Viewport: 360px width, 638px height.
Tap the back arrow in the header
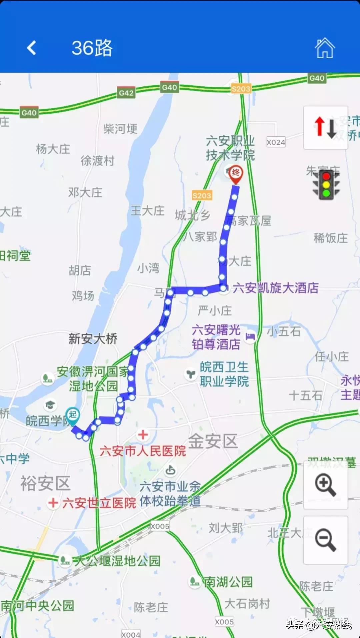(32, 48)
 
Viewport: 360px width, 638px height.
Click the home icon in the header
(325, 48)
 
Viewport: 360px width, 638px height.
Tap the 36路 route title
(92, 48)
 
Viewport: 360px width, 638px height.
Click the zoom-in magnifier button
(325, 486)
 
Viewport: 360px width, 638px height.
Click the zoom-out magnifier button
(325, 540)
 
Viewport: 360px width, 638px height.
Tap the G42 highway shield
(126, 93)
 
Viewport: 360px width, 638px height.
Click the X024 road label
(276, 142)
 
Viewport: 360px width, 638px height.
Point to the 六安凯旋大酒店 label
(275, 288)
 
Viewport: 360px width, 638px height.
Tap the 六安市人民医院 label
(143, 451)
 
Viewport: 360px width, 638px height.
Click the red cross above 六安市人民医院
(143, 435)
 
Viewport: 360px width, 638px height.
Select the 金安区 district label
(213, 441)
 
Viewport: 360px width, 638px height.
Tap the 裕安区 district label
(45, 483)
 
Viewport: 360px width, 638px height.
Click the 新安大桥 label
(93, 339)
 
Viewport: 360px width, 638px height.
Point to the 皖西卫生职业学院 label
(224, 374)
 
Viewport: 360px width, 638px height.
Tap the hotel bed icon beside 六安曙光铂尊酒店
(250, 336)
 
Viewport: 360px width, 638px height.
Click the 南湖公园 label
(228, 582)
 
